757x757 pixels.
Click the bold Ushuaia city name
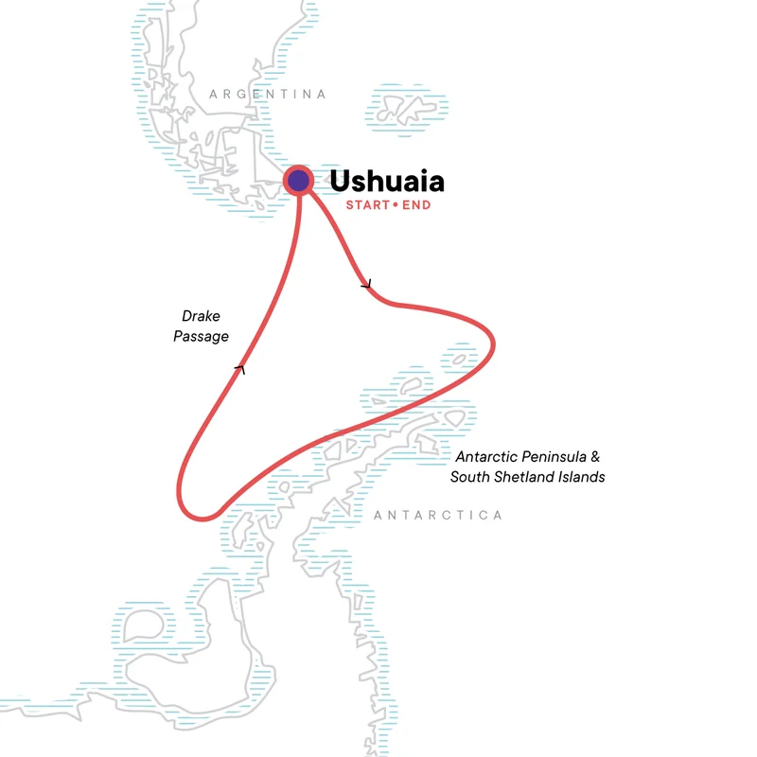coord(387,181)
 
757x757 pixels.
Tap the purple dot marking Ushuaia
coord(299,180)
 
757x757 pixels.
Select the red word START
coord(364,205)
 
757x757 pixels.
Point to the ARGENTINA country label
coord(268,95)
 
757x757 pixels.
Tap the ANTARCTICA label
coord(438,516)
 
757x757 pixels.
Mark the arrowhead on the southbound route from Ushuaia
coord(366,282)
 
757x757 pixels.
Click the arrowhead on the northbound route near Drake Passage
coord(240,369)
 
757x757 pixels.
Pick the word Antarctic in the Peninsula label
coord(487,456)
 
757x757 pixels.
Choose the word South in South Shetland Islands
coord(469,477)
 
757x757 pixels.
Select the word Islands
coord(581,477)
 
